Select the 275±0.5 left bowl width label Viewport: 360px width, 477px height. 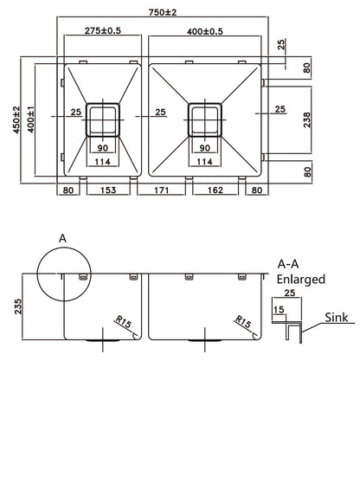click(103, 32)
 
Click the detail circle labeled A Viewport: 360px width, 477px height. click(63, 271)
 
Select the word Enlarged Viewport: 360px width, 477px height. click(300, 280)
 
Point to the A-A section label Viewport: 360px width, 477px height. click(288, 265)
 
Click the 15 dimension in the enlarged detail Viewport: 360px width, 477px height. click(279, 309)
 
